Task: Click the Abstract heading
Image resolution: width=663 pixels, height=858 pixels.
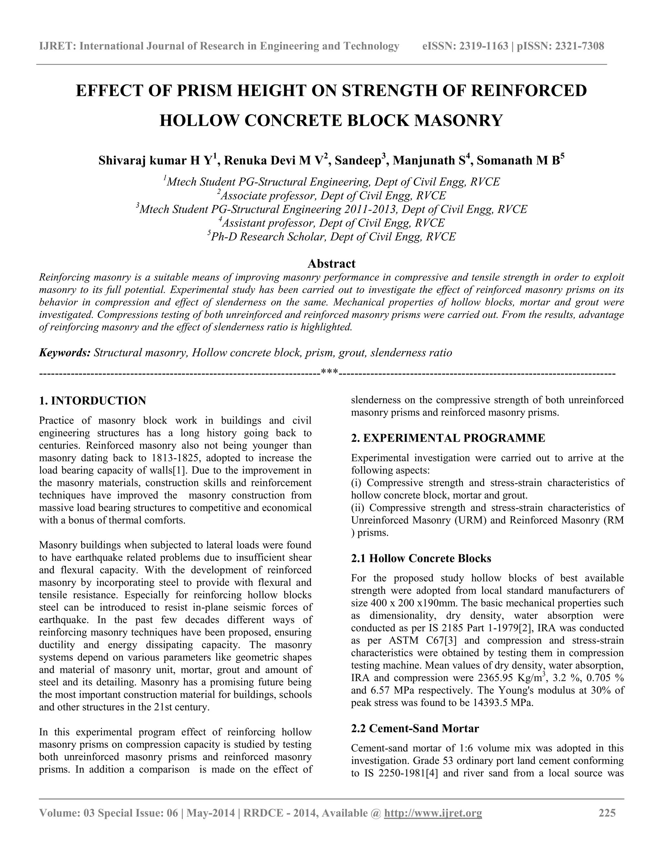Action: [x=331, y=263]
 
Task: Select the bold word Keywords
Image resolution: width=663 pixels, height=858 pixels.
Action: [x=65, y=352]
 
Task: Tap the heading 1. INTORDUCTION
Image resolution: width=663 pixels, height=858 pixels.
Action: [x=93, y=401]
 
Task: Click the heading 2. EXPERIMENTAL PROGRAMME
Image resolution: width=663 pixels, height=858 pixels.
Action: [x=448, y=438]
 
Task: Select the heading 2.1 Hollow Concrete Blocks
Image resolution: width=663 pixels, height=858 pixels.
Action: [x=421, y=558]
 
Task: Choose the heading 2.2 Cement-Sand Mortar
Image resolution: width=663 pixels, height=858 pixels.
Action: [x=415, y=728]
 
